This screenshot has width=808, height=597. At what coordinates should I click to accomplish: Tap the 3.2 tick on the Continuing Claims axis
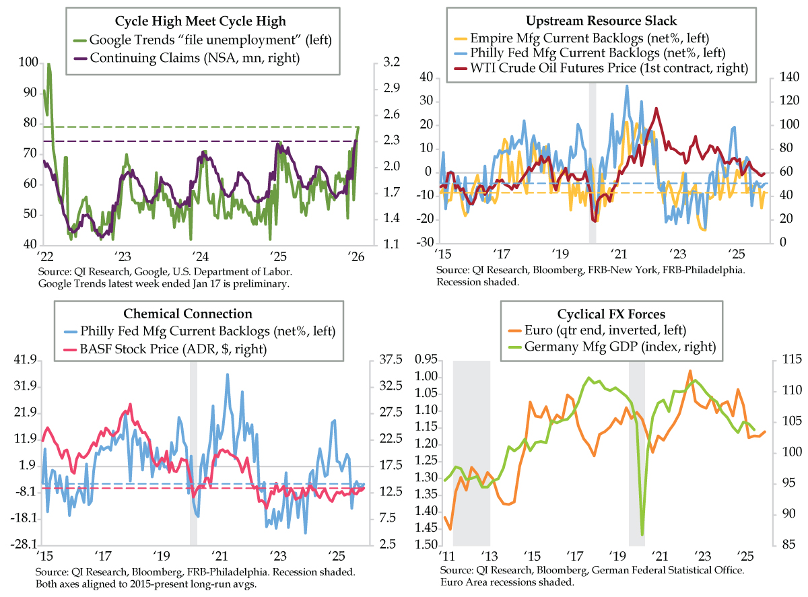[392, 63]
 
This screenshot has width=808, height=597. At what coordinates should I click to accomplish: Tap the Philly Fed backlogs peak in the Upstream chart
[627, 85]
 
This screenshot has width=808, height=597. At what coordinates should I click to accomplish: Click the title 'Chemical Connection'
[188, 314]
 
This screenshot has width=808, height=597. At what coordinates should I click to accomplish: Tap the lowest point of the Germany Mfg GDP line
[642, 534]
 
